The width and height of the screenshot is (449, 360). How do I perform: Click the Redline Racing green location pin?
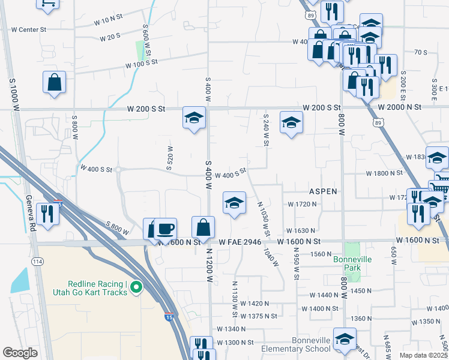(136, 287)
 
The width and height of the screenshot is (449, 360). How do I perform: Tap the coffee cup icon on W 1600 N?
(166, 229)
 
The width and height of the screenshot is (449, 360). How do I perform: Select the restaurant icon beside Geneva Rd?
(46, 214)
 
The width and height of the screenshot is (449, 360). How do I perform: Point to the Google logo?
(20, 352)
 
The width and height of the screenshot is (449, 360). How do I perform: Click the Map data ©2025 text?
(425, 355)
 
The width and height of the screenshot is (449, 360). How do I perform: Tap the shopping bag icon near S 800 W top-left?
(54, 82)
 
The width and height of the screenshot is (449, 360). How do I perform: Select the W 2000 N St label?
(400, 107)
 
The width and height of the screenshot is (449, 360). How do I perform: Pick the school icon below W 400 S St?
(234, 203)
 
